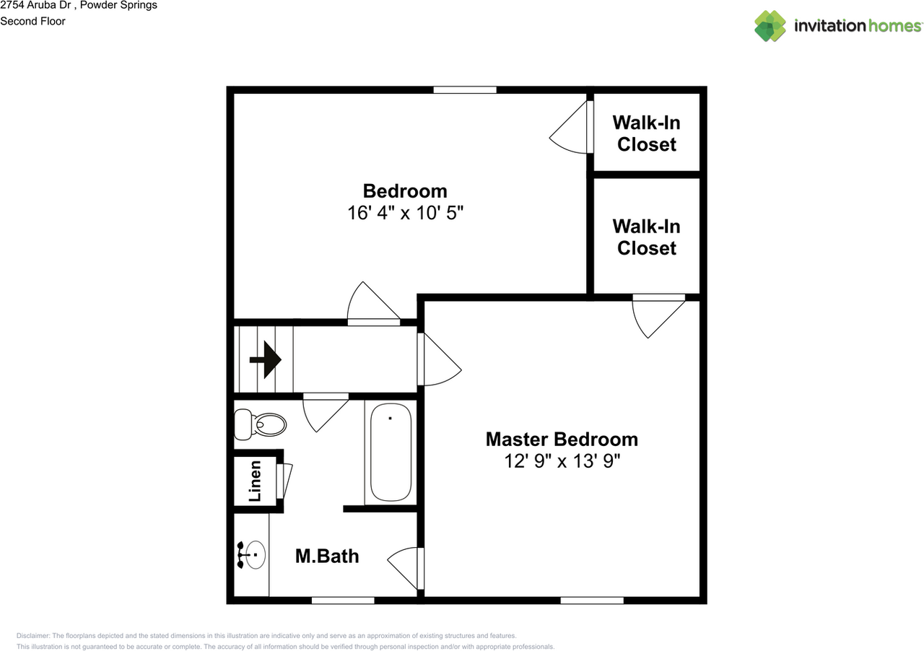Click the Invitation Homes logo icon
click(x=770, y=26)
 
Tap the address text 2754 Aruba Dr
click(x=44, y=6)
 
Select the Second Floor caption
click(x=32, y=21)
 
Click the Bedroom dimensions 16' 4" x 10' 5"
click(x=404, y=213)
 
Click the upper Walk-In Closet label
click(x=647, y=134)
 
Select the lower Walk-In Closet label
click(x=647, y=237)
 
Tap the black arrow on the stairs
click(x=265, y=359)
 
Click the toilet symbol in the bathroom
click(x=261, y=424)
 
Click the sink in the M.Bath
click(x=252, y=555)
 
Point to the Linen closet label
click(x=255, y=481)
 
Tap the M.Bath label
click(x=327, y=556)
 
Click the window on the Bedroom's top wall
click(x=465, y=90)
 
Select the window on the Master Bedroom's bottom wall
click(x=592, y=600)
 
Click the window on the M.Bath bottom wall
click(x=343, y=600)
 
